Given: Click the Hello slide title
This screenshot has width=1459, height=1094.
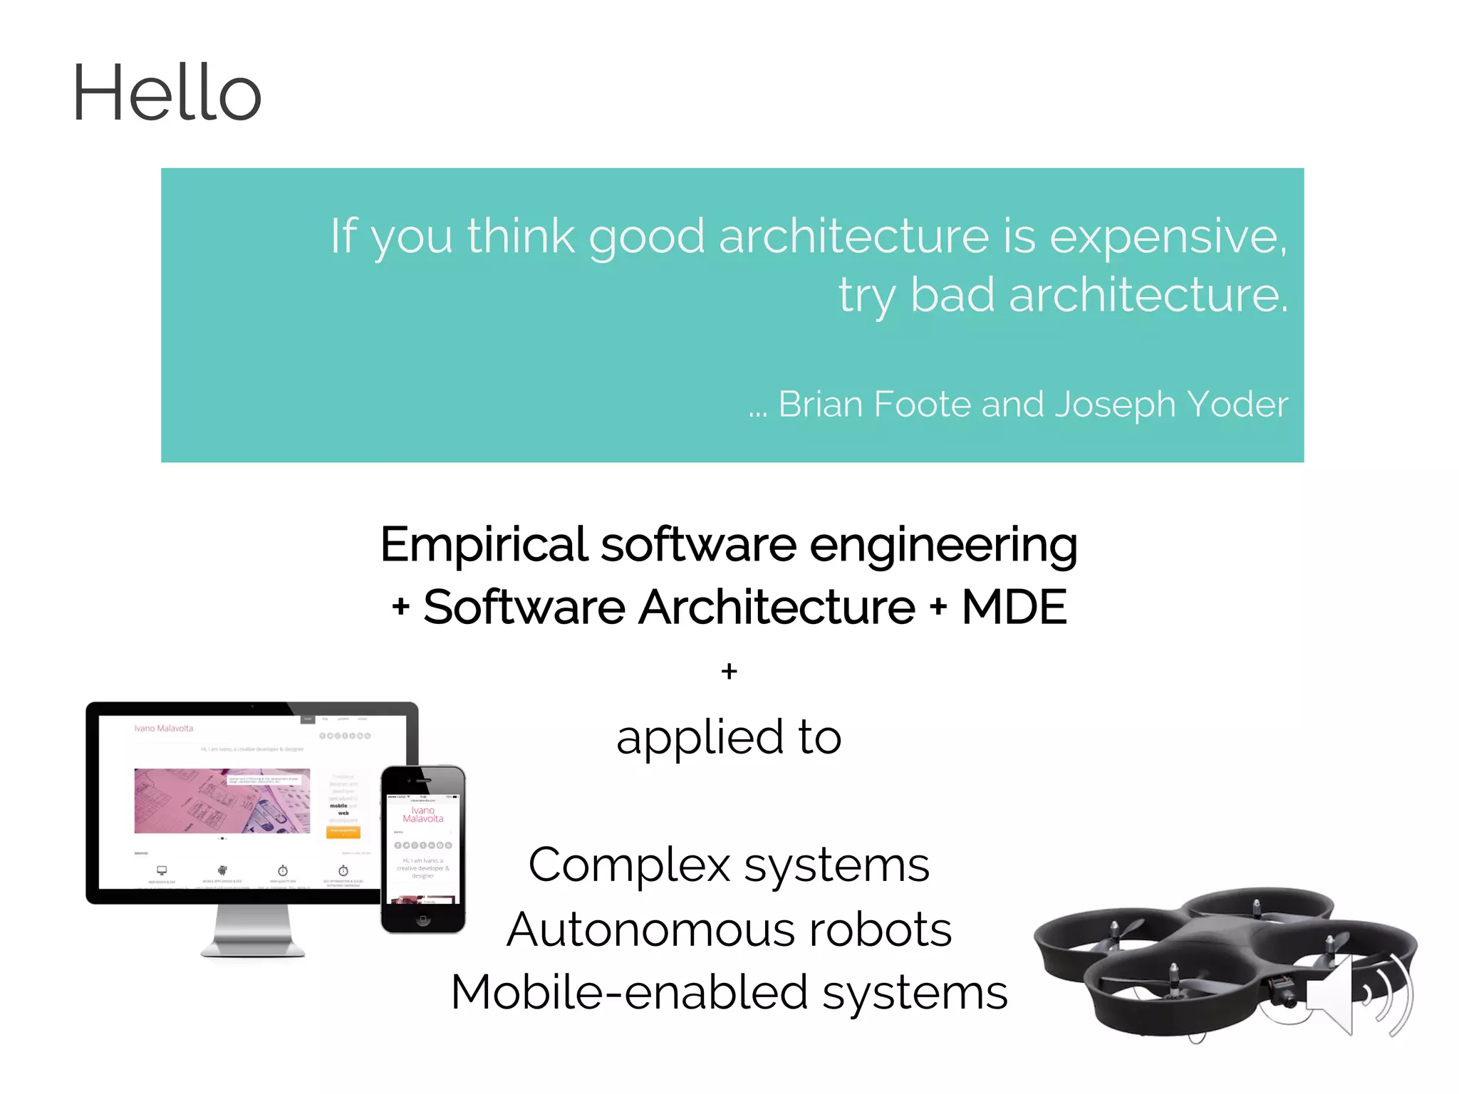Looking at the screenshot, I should (x=167, y=93).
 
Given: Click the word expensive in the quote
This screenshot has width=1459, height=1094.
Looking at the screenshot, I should (x=1168, y=236).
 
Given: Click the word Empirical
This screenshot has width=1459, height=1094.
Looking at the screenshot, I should (x=484, y=545).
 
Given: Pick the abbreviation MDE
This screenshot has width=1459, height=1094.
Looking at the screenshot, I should (x=1014, y=608).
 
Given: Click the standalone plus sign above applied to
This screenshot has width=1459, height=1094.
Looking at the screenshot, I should (x=729, y=671).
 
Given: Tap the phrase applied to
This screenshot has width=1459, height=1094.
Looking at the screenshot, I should (x=729, y=738).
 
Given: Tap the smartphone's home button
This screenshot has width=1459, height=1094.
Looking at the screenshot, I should (x=423, y=920).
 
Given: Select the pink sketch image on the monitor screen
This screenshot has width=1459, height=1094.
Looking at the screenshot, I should (x=222, y=801).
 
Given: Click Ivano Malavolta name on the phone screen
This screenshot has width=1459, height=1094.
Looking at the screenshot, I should (x=422, y=815).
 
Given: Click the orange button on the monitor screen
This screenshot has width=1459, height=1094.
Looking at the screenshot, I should (x=343, y=831).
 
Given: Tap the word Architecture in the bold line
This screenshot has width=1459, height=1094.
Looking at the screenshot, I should (x=776, y=608).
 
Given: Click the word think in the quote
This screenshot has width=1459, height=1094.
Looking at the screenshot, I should (x=521, y=236).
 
